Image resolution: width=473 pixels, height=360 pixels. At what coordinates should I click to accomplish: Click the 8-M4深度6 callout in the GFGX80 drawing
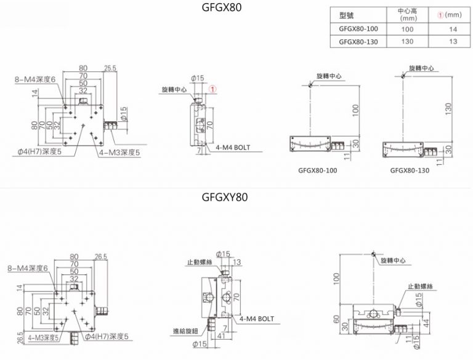tap(36, 79)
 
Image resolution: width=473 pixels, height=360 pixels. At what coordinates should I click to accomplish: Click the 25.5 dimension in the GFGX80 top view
tap(111, 68)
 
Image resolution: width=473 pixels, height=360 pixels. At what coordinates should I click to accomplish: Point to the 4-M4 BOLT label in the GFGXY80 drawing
tap(256, 319)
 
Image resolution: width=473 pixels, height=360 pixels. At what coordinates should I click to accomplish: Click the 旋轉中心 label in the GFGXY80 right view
tap(394, 261)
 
